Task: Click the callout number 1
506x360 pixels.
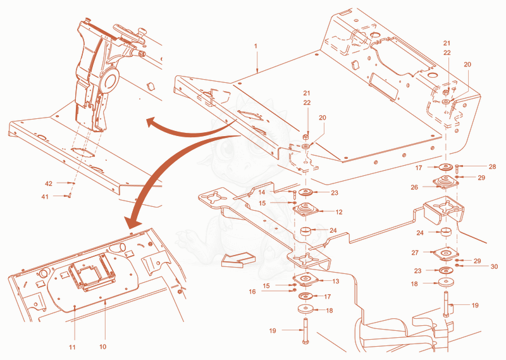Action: pyautogui.click(x=256, y=46)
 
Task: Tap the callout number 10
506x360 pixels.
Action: pyautogui.click(x=102, y=347)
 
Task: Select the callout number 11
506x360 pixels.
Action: pyautogui.click(x=72, y=347)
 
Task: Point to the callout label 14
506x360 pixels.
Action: pyautogui.click(x=262, y=192)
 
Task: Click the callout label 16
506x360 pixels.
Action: pyautogui.click(x=252, y=292)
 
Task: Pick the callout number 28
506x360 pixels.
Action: pyautogui.click(x=492, y=166)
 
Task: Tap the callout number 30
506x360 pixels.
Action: pyautogui.click(x=494, y=266)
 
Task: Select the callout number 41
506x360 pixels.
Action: pyautogui.click(x=45, y=197)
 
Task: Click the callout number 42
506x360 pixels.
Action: pyautogui.click(x=49, y=183)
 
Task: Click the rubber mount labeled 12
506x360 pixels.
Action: pyautogui.click(x=305, y=209)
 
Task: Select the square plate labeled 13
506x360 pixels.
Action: pyautogui.click(x=305, y=279)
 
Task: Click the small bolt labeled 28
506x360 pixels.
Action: pyautogui.click(x=457, y=168)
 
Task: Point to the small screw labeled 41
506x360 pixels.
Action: pyautogui.click(x=69, y=196)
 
